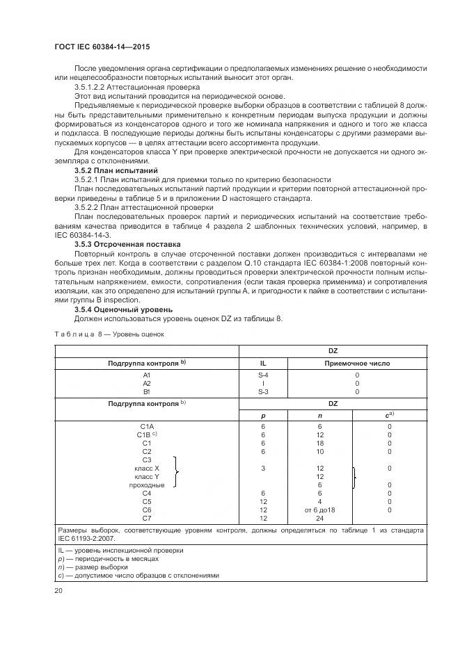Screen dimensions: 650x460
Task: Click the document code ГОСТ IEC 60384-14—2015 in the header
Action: pyautogui.click(x=102, y=47)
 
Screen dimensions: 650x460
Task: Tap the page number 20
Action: pyautogui.click(x=58, y=590)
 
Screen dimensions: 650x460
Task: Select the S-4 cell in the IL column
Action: pyautogui.click(x=263, y=374)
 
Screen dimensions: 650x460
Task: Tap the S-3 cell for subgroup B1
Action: pyautogui.click(x=263, y=391)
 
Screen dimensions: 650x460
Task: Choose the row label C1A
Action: pyautogui.click(x=146, y=425)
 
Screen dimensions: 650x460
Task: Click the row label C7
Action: pyautogui.click(x=146, y=518)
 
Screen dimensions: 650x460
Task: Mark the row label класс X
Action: pyautogui.click(x=147, y=468)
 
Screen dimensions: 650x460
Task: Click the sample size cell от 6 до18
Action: pyautogui.click(x=320, y=510)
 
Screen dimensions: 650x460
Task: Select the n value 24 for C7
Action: pyautogui.click(x=320, y=518)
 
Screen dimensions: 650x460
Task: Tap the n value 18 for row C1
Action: pyautogui.click(x=320, y=442)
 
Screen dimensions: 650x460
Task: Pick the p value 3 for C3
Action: pyautogui.click(x=263, y=468)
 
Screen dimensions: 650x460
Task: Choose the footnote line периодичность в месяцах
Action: pyautogui.click(x=111, y=558)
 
